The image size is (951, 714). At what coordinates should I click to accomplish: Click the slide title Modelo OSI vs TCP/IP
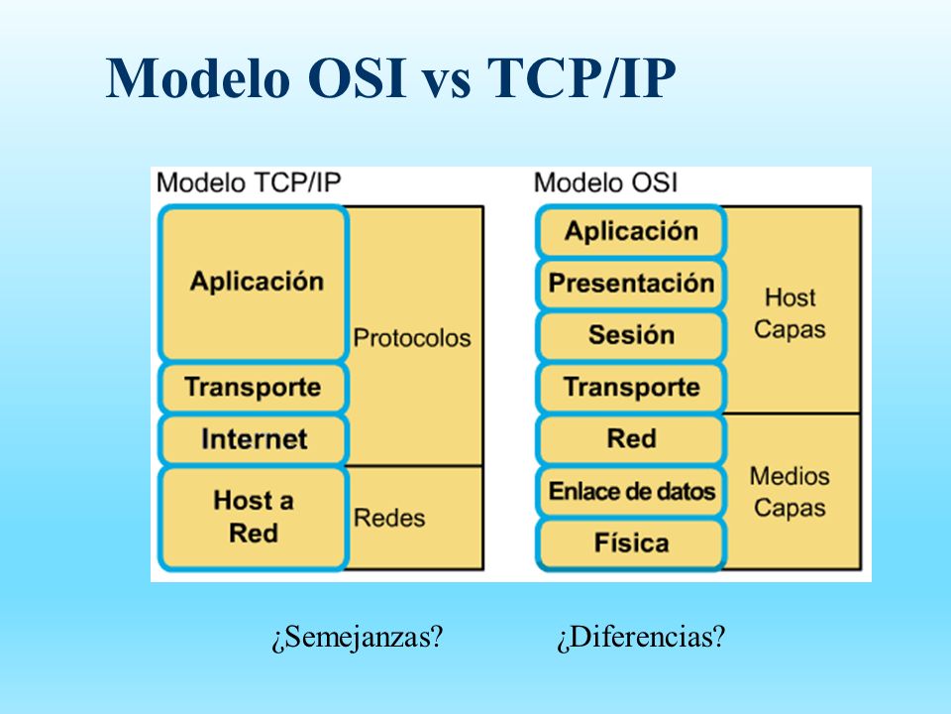390,78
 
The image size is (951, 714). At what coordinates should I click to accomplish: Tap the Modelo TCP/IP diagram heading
249,182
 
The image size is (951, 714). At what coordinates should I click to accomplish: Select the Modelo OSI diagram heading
605,182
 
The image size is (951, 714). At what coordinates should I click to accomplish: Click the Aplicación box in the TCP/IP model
253,284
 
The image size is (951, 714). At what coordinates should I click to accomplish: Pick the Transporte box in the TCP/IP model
253,388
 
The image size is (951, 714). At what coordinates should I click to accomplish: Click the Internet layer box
253,439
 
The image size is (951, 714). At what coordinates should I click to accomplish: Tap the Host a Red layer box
253,518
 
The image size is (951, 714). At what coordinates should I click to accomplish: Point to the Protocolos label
412,338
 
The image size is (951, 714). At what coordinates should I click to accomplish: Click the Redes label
389,518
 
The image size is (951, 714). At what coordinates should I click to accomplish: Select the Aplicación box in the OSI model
631,231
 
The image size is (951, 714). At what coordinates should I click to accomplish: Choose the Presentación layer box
631,284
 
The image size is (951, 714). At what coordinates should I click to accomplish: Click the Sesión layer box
631,335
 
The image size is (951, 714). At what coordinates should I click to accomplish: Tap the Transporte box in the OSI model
631,388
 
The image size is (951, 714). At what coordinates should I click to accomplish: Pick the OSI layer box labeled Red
631,439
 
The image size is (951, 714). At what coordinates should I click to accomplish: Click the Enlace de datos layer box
631,491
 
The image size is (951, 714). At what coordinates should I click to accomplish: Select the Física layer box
631,543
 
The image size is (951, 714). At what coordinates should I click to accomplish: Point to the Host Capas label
790,313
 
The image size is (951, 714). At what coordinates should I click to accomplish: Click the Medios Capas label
790,492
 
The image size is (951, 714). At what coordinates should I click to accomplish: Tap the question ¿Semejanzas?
358,637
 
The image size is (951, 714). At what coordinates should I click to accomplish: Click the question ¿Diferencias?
641,637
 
